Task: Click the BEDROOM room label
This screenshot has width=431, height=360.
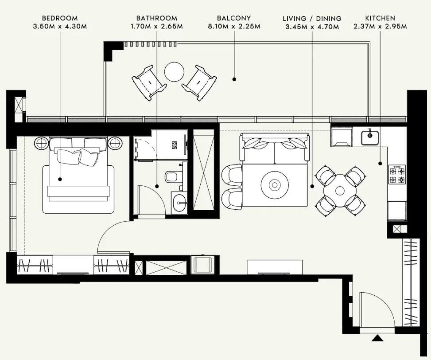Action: (x=59, y=19)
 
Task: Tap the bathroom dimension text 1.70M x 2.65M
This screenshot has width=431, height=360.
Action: (x=156, y=27)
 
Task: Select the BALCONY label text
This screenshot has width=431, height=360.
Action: (x=233, y=19)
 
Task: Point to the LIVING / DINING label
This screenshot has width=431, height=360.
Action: (x=312, y=19)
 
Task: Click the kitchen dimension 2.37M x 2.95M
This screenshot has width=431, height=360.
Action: (x=380, y=27)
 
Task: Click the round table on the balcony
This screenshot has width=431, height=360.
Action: (x=174, y=71)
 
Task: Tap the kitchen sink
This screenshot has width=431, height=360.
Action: (x=369, y=137)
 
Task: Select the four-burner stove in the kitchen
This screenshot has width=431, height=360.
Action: (x=397, y=175)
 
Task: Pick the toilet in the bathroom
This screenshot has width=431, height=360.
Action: (x=171, y=177)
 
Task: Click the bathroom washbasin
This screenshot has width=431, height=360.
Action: (x=180, y=204)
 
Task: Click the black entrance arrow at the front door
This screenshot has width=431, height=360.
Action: (x=377, y=339)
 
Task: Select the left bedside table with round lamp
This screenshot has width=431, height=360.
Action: (x=41, y=143)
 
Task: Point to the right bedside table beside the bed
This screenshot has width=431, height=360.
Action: (x=115, y=143)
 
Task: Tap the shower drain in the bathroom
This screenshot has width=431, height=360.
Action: (x=174, y=145)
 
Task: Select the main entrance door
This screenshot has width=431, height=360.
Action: (x=377, y=310)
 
